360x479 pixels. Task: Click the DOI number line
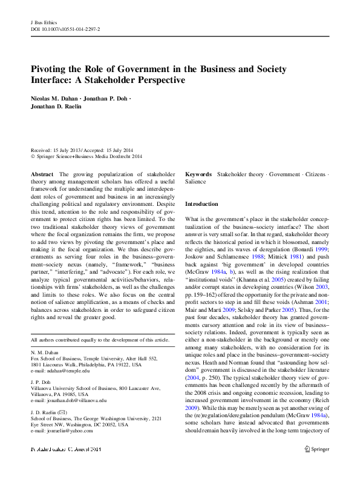click(x=65, y=29)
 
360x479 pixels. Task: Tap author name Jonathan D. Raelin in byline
click(x=56, y=107)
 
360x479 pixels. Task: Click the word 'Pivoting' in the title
click(x=51, y=69)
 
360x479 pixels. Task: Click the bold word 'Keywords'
click(x=198, y=174)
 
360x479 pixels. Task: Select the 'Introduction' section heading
click(x=201, y=204)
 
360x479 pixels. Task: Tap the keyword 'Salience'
click(x=195, y=182)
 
